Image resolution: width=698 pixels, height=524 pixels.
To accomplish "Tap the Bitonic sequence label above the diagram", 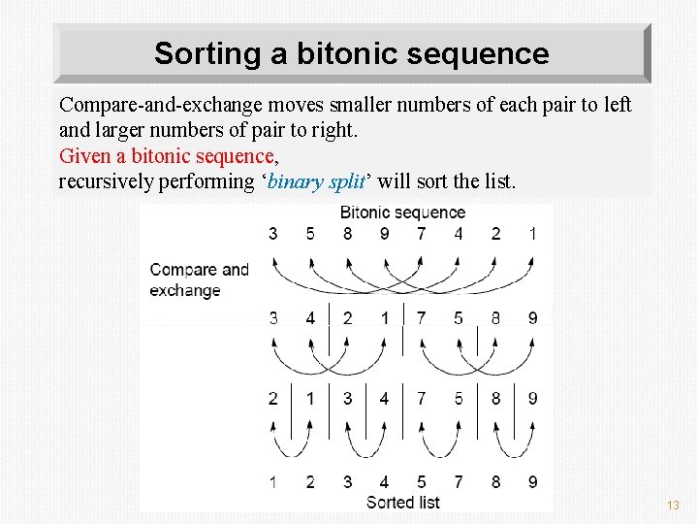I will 402,212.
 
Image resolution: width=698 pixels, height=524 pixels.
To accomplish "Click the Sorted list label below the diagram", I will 402,502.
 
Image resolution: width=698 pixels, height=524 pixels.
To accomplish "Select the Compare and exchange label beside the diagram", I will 199,279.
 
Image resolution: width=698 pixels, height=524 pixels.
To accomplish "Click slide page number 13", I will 674,506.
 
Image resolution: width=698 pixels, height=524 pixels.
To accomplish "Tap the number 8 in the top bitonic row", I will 347,234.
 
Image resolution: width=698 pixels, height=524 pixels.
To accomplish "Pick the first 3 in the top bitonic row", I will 273,234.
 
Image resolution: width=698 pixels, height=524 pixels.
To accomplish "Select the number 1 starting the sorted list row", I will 273,481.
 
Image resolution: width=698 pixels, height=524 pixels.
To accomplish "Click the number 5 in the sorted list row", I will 422,481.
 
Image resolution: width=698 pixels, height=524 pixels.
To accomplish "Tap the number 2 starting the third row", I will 273,398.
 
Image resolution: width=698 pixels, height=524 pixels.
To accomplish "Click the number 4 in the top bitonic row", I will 459,234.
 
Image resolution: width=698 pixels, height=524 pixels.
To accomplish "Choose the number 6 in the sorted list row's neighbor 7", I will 459,481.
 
